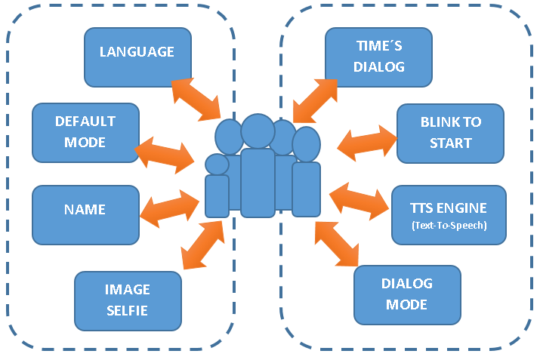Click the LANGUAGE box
pyautogui.click(x=137, y=57)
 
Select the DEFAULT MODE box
pyautogui.click(x=85, y=131)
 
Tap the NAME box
pyautogui.click(x=85, y=213)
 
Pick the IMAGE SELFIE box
pyautogui.click(x=128, y=300)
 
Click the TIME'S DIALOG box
pyautogui.click(x=378, y=57)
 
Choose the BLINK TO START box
pyautogui.click(x=450, y=133)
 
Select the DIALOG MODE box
pyautogui.click(x=407, y=294)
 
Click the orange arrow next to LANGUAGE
pyautogui.click(x=196, y=99)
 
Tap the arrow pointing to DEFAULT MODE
pyautogui.click(x=164, y=153)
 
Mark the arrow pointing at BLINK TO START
pyautogui.click(x=366, y=143)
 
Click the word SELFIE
pyautogui.click(x=128, y=309)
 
